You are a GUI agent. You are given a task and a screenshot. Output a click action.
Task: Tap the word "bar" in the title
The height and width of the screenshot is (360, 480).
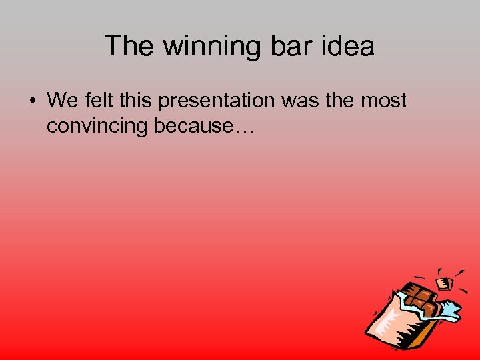point(286,46)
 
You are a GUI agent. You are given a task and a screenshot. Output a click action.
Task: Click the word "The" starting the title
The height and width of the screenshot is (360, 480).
point(129,46)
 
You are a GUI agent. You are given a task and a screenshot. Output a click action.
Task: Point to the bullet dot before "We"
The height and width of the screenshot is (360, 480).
point(31,101)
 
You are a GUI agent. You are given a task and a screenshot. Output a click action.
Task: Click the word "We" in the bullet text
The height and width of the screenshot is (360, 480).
point(63,101)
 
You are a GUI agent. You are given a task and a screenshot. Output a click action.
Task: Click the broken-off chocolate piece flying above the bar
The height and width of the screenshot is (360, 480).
point(445,283)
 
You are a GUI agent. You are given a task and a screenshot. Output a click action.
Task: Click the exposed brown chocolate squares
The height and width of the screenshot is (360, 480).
point(419,299)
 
